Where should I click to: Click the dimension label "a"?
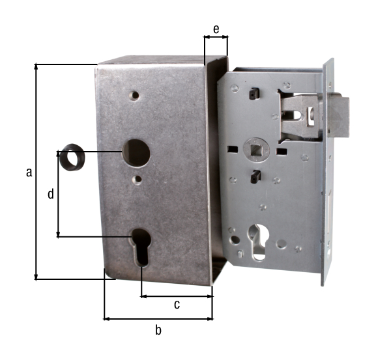[x=28, y=172]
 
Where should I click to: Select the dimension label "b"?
[x=158, y=330]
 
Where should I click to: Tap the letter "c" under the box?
[x=176, y=305]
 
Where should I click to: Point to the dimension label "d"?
[x=50, y=193]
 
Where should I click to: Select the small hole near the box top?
[x=134, y=95]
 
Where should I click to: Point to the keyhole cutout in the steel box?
[x=141, y=247]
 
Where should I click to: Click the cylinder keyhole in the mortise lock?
[x=259, y=241]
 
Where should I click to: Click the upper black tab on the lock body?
[x=251, y=95]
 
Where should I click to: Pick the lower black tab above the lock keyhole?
[x=257, y=176]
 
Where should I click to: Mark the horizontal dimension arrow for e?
[x=216, y=38]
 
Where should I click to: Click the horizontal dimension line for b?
[x=158, y=319]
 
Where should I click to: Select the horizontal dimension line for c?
[x=177, y=296]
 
